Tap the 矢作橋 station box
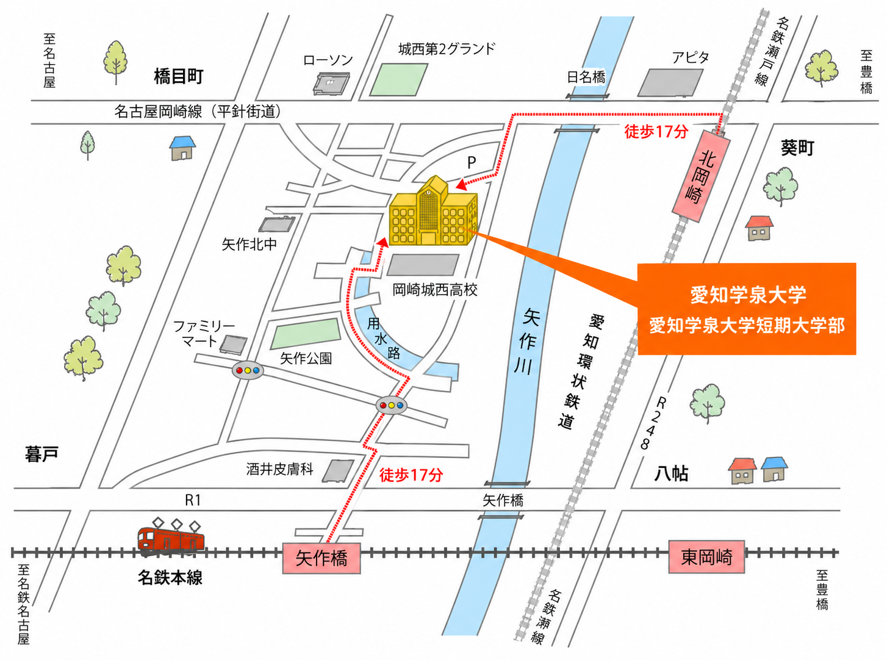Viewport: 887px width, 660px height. point(321,558)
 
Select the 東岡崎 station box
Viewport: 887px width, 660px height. point(706,556)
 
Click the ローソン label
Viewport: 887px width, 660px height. point(328,60)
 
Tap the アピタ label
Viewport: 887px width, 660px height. point(690,57)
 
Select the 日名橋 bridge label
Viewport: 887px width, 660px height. point(586,77)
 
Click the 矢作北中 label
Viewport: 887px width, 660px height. point(250,244)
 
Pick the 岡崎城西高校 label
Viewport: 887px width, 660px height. point(435,290)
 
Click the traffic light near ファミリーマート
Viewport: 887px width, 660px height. point(247,370)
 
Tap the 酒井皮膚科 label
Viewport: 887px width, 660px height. point(280,468)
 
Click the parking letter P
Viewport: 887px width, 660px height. point(472,162)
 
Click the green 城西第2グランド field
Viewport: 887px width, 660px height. point(398,80)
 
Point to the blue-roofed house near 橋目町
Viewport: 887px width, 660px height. point(182,148)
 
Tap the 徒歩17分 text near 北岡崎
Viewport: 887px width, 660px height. point(656,131)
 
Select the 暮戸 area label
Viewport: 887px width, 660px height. point(41,454)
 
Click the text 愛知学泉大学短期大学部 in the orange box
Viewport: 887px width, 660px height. point(747,326)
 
